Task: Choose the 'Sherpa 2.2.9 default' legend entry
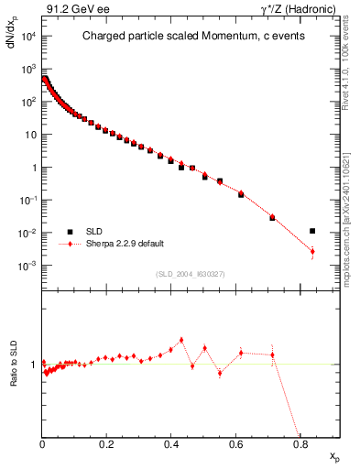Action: tap(115, 245)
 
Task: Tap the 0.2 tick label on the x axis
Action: tap(106, 446)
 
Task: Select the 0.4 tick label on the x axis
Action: tap(171, 446)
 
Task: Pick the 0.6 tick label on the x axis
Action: tap(235, 446)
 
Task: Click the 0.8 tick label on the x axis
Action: tap(300, 446)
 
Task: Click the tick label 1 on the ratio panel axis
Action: tap(34, 365)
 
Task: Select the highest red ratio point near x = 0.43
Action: tap(181, 340)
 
